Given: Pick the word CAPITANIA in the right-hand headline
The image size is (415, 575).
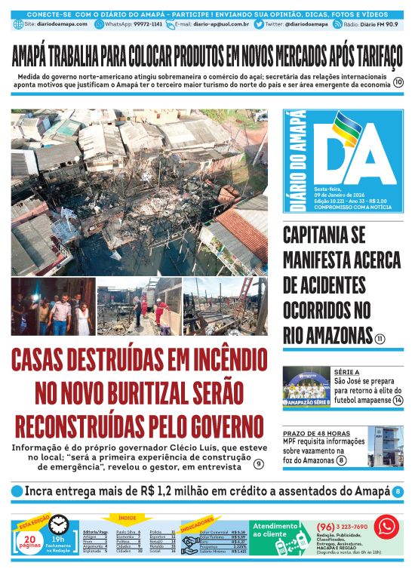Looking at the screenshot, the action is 332,235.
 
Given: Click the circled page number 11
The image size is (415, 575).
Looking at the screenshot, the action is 380,339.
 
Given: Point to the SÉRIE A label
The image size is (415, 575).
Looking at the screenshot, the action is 348,372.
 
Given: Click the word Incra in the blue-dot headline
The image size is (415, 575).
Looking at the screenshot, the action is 41,491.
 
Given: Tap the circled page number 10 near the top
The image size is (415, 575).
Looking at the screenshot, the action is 398,83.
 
